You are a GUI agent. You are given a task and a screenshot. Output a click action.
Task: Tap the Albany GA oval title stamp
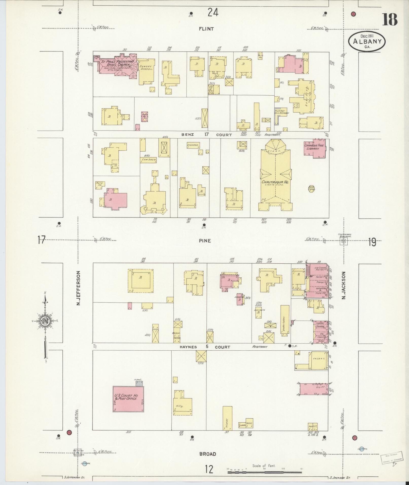point(367,41)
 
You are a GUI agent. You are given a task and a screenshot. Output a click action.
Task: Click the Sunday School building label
point(146,67)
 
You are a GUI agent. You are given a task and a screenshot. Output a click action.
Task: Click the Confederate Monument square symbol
point(344,241)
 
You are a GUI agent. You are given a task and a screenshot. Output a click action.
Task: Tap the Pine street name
point(205,240)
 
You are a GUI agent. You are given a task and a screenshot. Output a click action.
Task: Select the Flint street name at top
point(206,29)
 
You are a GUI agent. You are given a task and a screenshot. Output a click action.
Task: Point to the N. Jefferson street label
point(78,288)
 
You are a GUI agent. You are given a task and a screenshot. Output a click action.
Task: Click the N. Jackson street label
point(344,285)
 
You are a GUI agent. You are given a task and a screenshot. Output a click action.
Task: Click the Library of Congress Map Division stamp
point(390,458)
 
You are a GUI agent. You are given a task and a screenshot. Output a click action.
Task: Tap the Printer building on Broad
point(227,422)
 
